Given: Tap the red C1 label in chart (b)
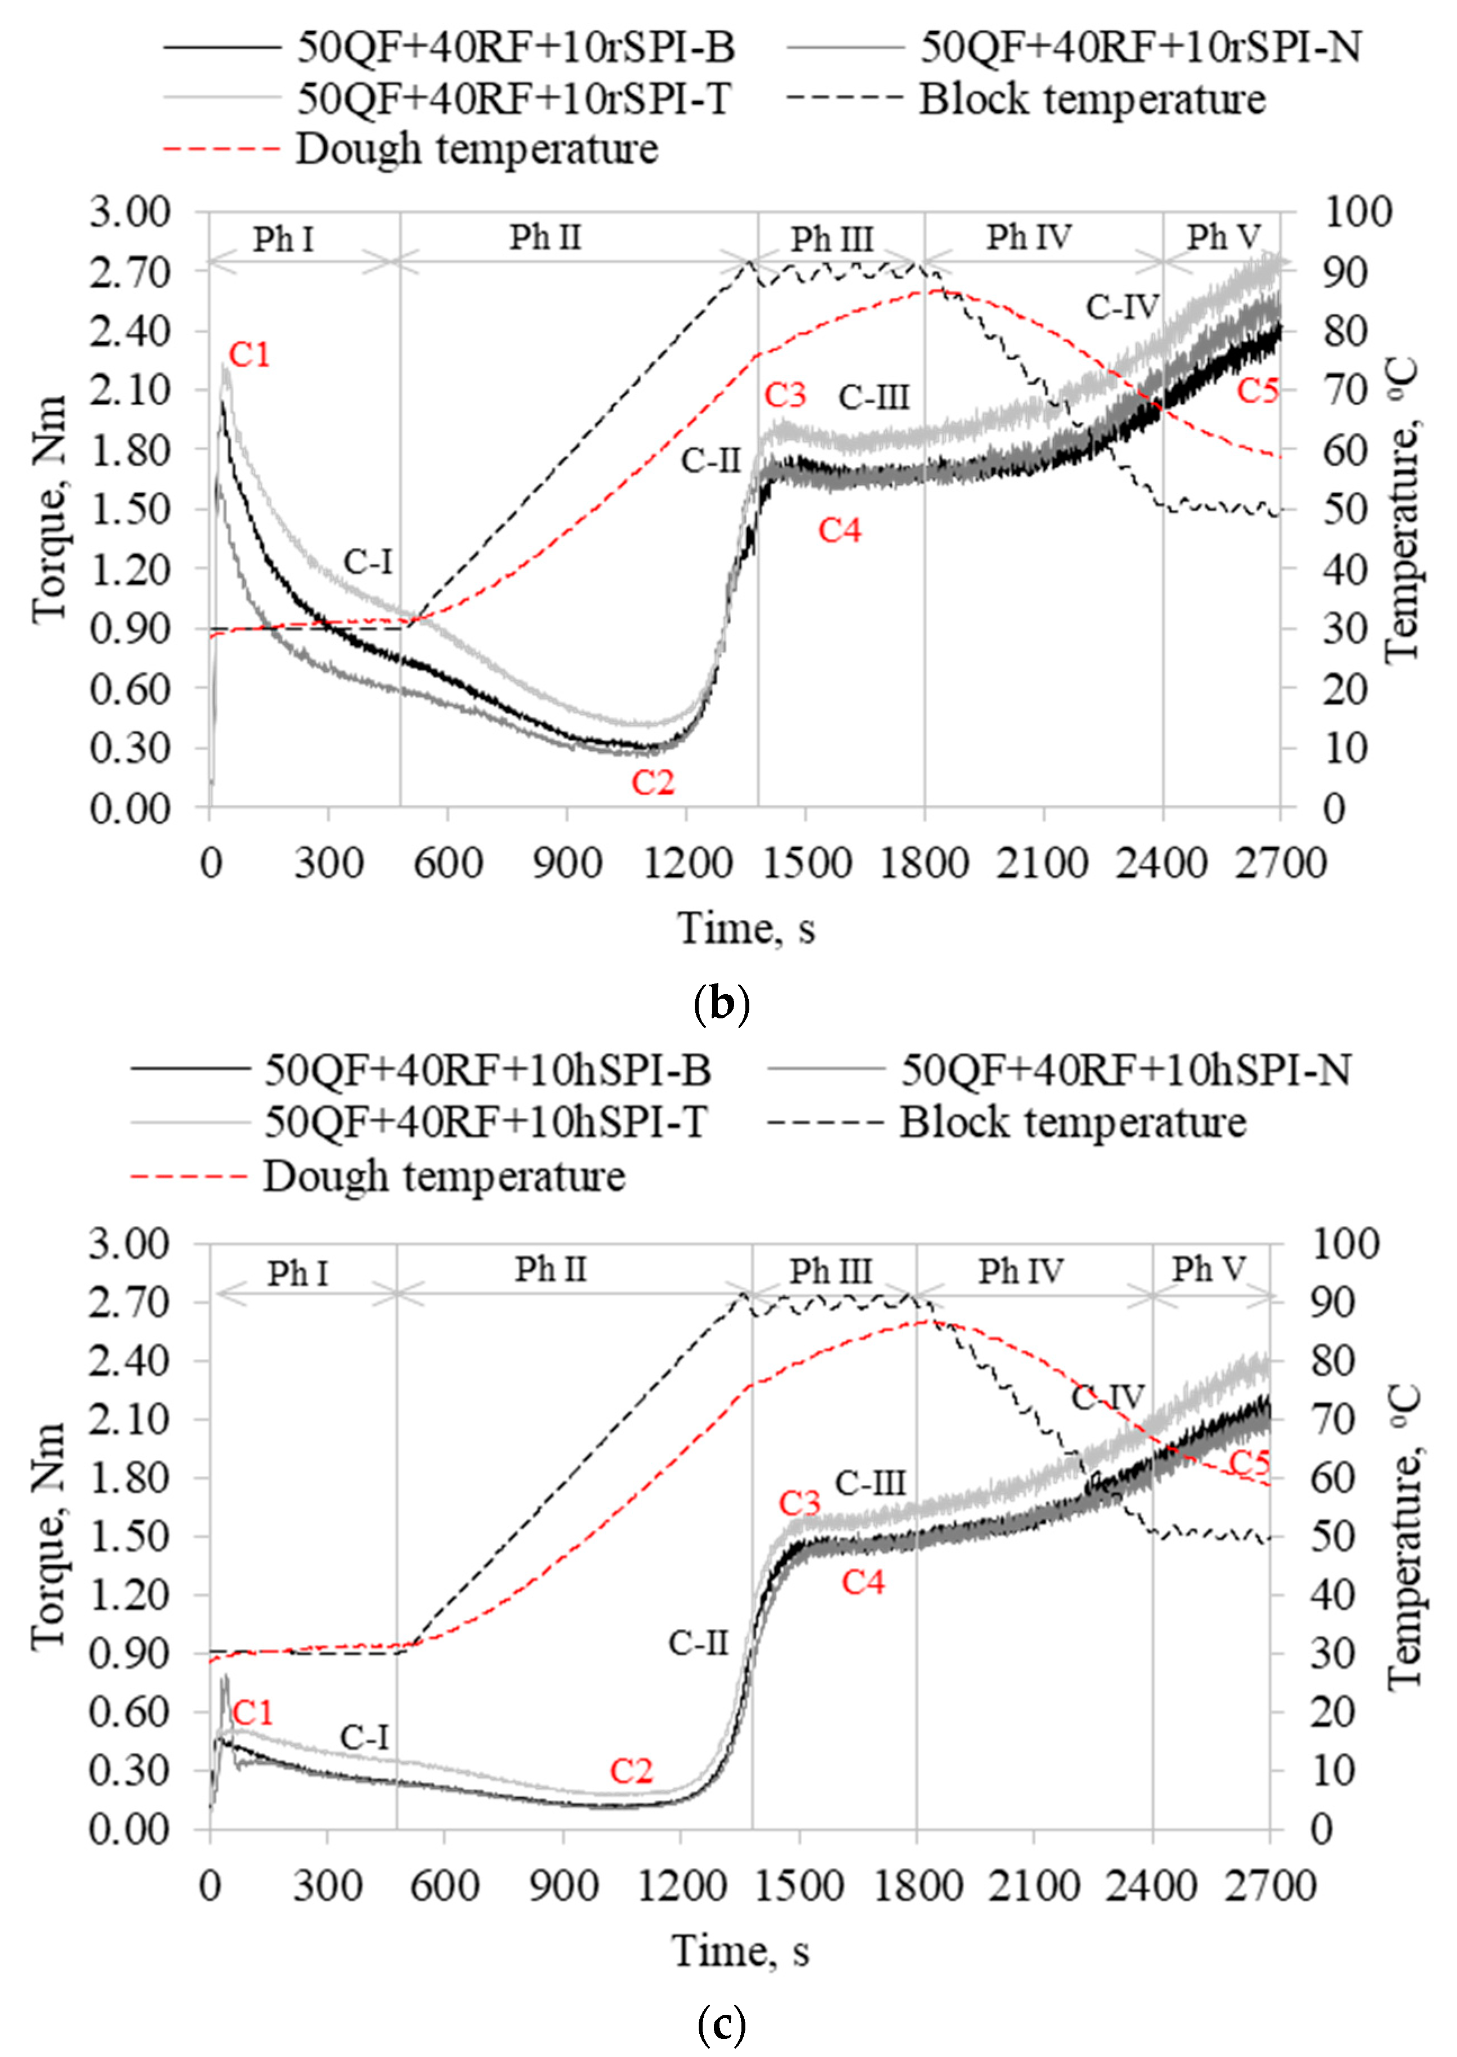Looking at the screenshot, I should click(x=249, y=355).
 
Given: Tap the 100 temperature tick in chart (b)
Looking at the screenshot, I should click(x=1357, y=213).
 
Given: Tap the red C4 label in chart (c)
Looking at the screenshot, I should click(x=863, y=1582).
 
